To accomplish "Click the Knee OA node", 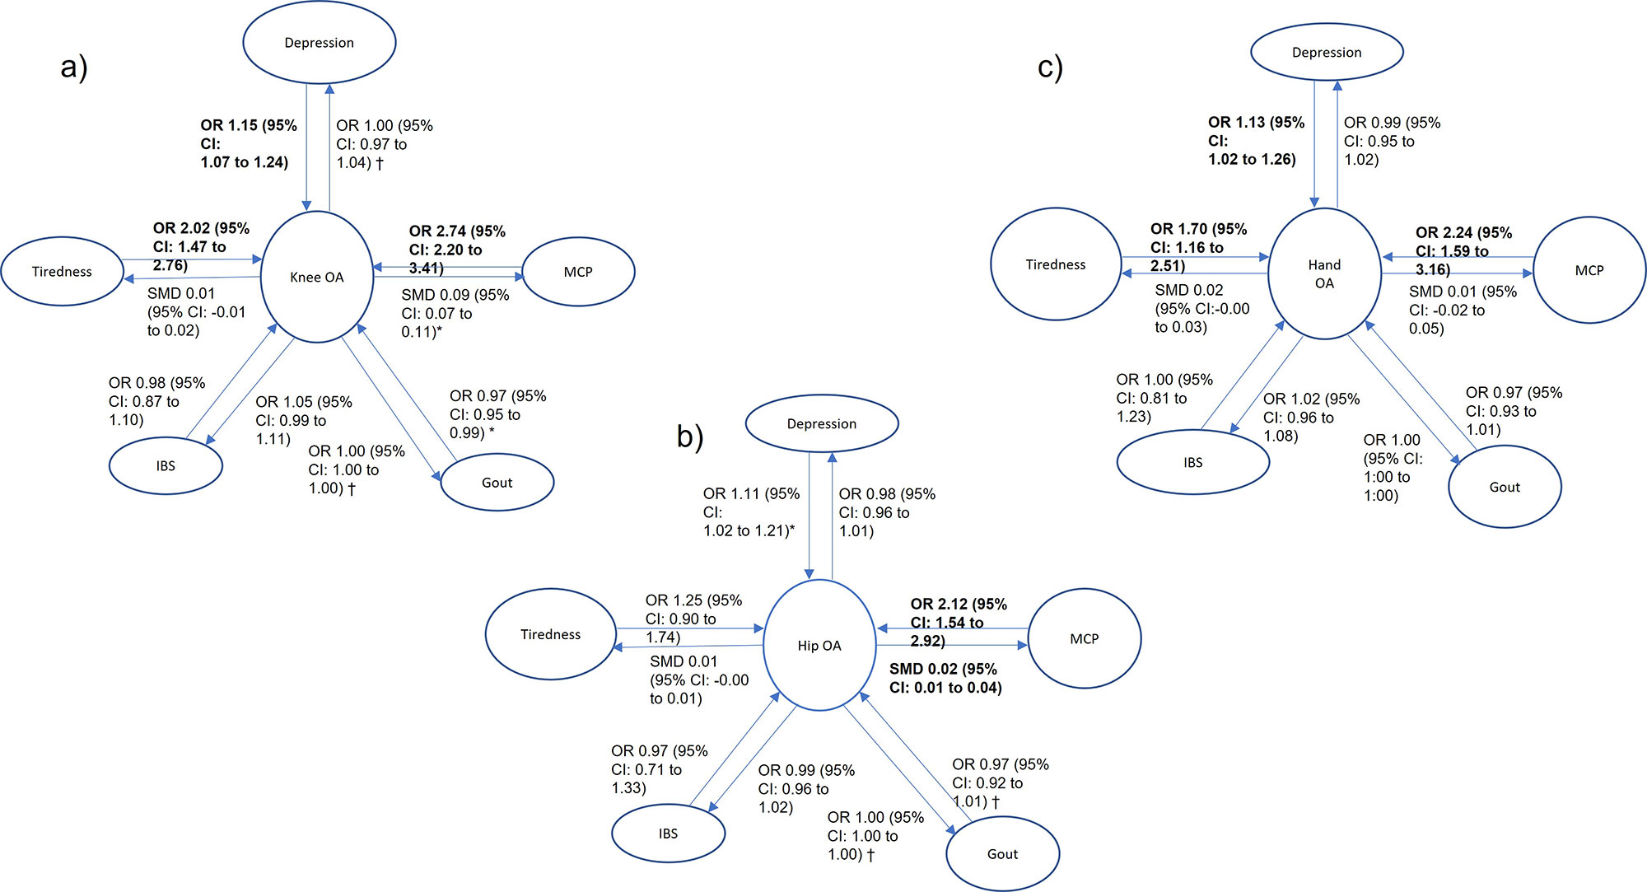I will coord(317,277).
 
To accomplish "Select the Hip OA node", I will coord(819,645).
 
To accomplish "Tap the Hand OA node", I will coord(1324,273).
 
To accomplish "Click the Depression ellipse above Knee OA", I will coord(319,43).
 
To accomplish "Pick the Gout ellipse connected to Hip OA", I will coord(1002,854).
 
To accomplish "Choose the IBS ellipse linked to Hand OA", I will coord(1192,462).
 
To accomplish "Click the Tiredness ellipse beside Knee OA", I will coord(62,272).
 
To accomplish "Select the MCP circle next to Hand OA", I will coord(1589,270).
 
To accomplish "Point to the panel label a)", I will coord(74,67).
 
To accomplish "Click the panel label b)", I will coord(690,436).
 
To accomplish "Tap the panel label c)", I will coord(1050,67).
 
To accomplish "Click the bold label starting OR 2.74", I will coord(457,250).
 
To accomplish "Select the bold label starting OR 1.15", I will coord(248,143).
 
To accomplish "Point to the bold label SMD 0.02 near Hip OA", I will coord(945,678).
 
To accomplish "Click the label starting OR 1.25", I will coord(693,619).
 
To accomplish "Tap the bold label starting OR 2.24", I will coord(1463,250).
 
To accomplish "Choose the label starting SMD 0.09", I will coord(455,313).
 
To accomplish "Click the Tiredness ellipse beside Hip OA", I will coord(550,634).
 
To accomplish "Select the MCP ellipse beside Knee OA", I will coord(578,272).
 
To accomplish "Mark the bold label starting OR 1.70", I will coord(1198,247).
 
